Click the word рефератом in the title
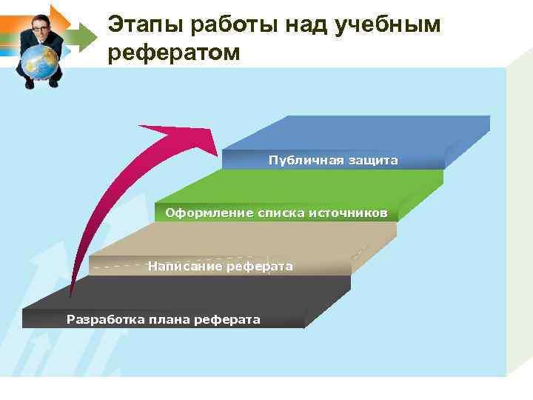[174, 53]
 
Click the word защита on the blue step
[370, 160]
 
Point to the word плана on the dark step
[169, 319]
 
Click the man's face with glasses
[39, 27]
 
